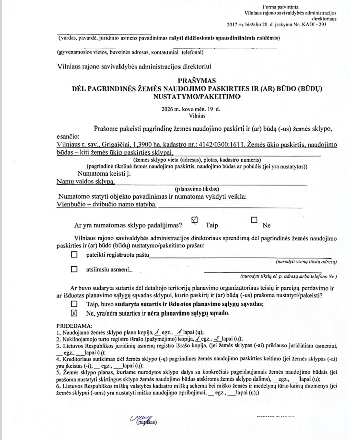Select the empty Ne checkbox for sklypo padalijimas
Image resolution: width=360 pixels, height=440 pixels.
click(254, 220)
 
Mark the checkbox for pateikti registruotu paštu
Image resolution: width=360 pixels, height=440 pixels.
click(74, 255)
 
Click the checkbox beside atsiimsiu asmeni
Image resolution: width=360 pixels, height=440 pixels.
click(74, 269)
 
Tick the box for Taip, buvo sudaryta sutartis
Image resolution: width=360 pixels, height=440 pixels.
click(74, 304)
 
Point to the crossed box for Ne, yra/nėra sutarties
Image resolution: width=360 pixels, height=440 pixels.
click(74, 313)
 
